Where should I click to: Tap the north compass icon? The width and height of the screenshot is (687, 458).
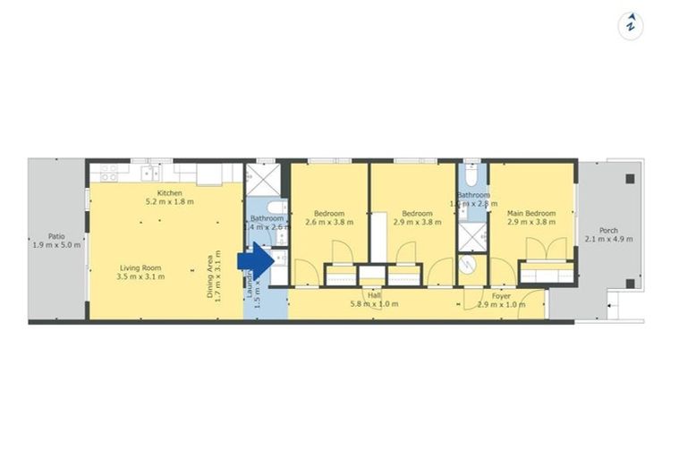(x=631, y=24)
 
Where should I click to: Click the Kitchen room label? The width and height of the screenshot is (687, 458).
(x=170, y=193)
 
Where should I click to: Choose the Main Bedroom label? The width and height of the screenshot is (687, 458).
(x=531, y=214)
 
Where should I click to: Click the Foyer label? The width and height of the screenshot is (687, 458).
(x=501, y=295)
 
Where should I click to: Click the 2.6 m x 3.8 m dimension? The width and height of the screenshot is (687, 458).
(x=329, y=223)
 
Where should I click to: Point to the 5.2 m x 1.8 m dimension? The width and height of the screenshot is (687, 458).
(x=170, y=202)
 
